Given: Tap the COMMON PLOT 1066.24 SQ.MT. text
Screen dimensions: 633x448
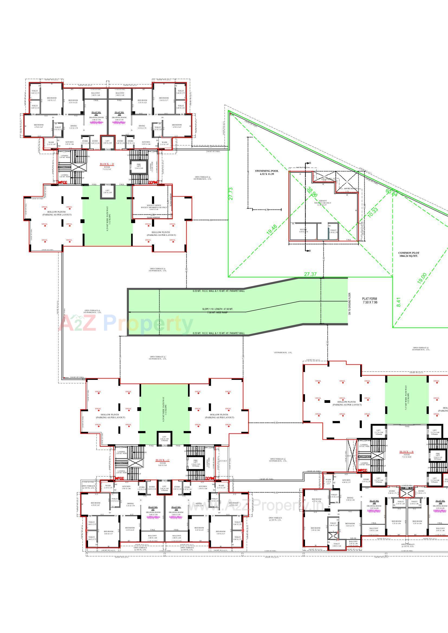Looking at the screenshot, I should [408, 254].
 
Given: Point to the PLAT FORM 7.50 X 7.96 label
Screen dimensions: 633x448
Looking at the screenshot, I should [370, 301].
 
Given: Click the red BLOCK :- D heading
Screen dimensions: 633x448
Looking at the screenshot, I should [107, 164].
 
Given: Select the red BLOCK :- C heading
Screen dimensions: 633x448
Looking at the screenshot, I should [163, 460].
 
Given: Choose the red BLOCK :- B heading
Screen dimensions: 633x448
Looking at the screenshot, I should [407, 452].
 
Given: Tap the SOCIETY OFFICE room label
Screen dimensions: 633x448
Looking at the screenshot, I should [154, 205].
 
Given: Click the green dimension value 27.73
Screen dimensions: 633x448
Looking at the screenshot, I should [231, 194].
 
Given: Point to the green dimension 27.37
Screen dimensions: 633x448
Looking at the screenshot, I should [310, 274].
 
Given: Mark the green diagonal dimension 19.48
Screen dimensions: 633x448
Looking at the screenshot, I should [272, 230].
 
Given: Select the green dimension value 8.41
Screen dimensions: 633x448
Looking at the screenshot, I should [398, 302].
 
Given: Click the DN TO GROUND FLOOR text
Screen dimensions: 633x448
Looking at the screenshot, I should [349, 304].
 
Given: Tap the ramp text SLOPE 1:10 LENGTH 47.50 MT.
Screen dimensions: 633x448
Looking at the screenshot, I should [217, 309].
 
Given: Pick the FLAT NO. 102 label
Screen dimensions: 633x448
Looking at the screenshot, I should [96, 113].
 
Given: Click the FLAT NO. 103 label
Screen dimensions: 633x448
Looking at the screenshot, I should [119, 113].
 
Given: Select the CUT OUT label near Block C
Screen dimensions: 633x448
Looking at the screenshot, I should [223, 461].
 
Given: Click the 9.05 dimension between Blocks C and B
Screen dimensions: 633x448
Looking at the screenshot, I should [276, 423].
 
